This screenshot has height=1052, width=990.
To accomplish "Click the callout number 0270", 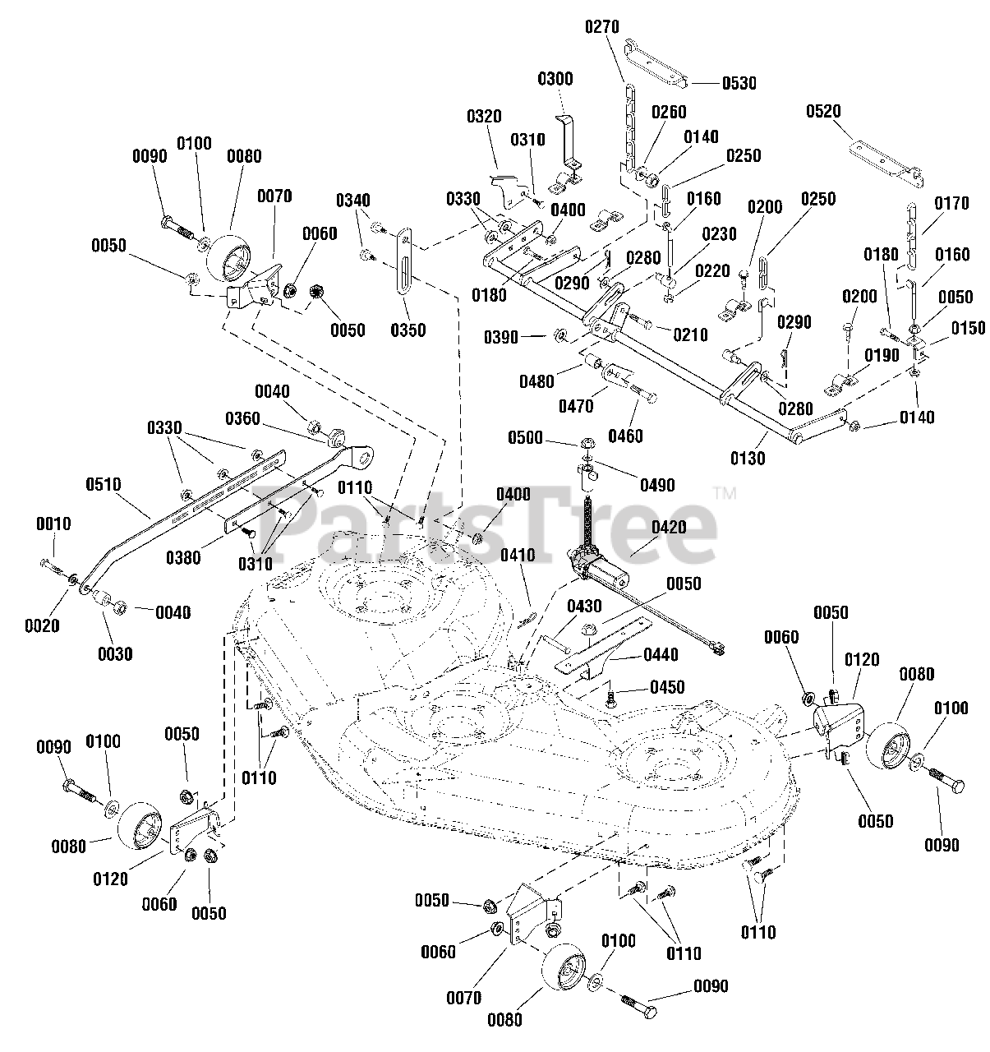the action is (x=602, y=26).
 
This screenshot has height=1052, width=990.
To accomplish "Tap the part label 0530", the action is (x=739, y=84).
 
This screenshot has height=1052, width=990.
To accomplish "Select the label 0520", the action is (x=824, y=111).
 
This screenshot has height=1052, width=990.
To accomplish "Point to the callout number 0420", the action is (x=669, y=527).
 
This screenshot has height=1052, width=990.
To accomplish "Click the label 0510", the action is (x=104, y=484).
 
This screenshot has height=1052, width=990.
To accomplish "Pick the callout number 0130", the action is (x=748, y=459).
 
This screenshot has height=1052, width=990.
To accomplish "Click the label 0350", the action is (x=408, y=330).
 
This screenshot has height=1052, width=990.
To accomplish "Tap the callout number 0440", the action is (x=661, y=655).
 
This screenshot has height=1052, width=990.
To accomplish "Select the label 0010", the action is (x=53, y=524).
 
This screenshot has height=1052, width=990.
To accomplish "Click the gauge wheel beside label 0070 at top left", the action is (x=229, y=261).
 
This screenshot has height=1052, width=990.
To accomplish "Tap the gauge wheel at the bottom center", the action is (x=566, y=971).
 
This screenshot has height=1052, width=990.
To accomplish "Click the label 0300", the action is (x=555, y=79).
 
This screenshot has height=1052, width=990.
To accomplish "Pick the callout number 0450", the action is (x=667, y=687).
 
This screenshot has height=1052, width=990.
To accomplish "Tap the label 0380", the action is (x=183, y=558).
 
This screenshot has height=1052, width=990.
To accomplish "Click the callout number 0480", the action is (x=536, y=381).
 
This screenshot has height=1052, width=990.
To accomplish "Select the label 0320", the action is (x=484, y=117).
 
